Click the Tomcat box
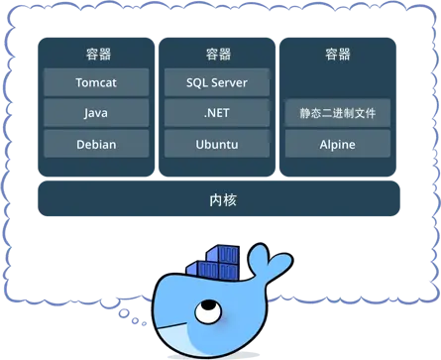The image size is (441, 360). (96, 82)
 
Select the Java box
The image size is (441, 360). (96, 113)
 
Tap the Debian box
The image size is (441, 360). (96, 144)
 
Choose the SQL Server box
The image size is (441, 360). (218, 82)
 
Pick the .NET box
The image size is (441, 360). (218, 113)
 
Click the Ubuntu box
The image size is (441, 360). (218, 144)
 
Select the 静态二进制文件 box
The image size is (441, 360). (338, 113)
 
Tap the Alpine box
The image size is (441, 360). (338, 144)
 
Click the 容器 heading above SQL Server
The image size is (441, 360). (218, 54)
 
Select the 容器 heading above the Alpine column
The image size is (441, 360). (338, 54)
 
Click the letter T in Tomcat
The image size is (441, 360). (79, 82)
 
